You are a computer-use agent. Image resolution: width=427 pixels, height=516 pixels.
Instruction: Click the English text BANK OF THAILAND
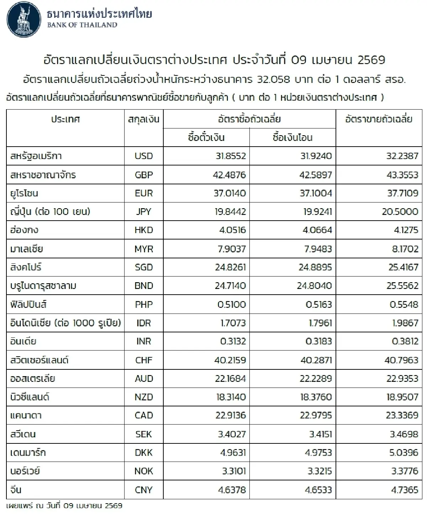pyautogui.click(x=82, y=25)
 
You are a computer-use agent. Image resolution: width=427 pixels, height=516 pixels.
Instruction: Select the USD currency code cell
pyautogui.click(x=144, y=156)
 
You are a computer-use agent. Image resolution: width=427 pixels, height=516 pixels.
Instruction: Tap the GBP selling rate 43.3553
pyautogui.click(x=402, y=175)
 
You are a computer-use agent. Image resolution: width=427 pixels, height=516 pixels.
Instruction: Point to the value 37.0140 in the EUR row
pyautogui.click(x=230, y=193)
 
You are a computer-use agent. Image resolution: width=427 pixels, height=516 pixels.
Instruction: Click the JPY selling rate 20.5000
pyautogui.click(x=400, y=212)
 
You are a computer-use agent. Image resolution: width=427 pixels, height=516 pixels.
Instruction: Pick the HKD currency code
pyautogui.click(x=144, y=230)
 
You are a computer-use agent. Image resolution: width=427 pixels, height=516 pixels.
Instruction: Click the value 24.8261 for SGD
pyautogui.click(x=230, y=267)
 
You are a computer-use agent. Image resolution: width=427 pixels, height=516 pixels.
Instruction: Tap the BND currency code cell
pyautogui.click(x=144, y=286)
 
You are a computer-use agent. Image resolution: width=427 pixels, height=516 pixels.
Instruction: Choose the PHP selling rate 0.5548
pyautogui.click(x=404, y=304)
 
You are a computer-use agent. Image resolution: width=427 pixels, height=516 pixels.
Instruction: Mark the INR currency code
pyautogui.click(x=144, y=341)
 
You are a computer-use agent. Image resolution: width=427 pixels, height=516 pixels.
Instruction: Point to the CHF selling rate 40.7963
pyautogui.click(x=401, y=360)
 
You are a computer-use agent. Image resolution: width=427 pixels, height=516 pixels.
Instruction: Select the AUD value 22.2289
pyautogui.click(x=316, y=378)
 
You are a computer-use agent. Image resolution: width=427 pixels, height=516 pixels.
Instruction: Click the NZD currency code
pyautogui.click(x=144, y=397)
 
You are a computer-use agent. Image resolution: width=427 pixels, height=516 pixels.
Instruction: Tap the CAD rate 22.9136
pyautogui.click(x=230, y=415)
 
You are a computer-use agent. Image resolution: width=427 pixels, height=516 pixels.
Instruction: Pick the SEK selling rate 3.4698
pyautogui.click(x=404, y=434)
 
